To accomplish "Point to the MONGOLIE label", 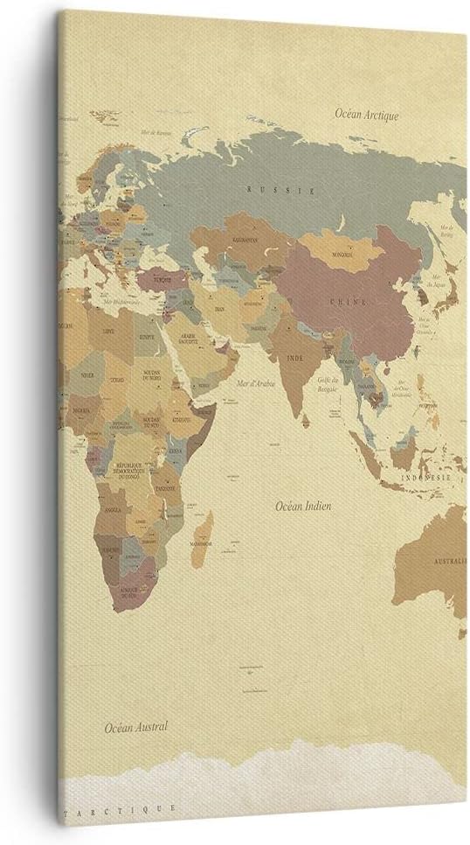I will (342, 255).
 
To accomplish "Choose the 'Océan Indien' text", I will (303, 506).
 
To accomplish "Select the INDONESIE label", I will (426, 478).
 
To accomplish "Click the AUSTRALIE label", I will (447, 560).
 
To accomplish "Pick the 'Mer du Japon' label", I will (438, 283).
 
